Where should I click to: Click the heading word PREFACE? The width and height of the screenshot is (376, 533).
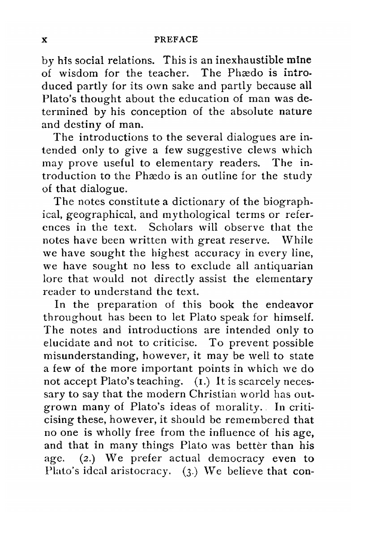tap(175, 39)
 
